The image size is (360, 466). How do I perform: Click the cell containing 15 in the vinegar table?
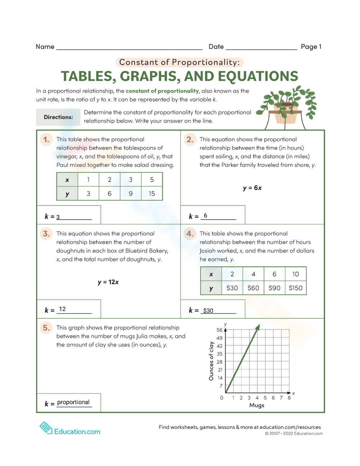[152, 194]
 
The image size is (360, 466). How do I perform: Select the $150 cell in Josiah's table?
[296, 288]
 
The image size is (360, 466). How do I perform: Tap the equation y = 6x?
[252, 188]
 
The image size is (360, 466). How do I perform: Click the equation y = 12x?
[108, 282]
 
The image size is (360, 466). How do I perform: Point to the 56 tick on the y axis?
[220, 330]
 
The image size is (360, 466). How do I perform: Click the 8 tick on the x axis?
[289, 398]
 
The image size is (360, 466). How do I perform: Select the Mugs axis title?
[257, 405]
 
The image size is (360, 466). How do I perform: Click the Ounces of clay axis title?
[211, 361]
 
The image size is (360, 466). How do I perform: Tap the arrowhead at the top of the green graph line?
[258, 327]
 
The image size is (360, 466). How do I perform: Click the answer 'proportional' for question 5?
[73, 402]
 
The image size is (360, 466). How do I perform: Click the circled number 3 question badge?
[46, 234]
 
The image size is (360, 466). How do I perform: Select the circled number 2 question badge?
[190, 139]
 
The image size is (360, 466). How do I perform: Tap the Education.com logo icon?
[46, 428]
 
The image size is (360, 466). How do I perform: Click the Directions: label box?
[58, 117]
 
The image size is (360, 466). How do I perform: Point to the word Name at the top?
[45, 47]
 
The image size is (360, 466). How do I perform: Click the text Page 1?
[311, 47]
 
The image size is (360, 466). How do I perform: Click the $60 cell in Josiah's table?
[253, 288]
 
